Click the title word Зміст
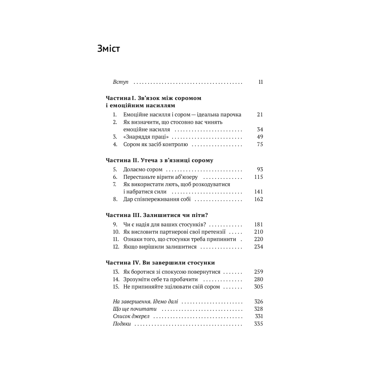point(109,48)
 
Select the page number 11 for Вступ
point(260,82)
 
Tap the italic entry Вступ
point(120,82)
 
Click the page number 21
point(260,115)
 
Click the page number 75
point(260,144)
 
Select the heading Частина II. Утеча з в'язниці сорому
point(159,160)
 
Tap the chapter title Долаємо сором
point(143,170)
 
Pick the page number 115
point(258,177)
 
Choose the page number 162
point(258,199)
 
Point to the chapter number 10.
point(116,232)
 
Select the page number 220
point(258,239)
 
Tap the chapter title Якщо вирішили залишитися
point(160,247)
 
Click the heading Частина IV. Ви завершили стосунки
point(160,263)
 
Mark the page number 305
point(258,287)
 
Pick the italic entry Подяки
point(122,324)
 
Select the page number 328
point(258,309)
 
